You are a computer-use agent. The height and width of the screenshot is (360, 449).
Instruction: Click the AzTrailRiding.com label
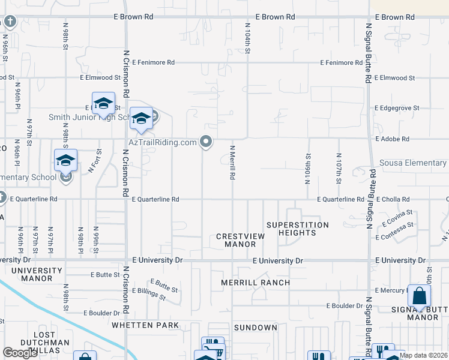[x=163, y=142]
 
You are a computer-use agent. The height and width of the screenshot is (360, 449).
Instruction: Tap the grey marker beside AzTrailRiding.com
[x=206, y=142]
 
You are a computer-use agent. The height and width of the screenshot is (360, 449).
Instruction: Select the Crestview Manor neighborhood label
[x=240, y=240]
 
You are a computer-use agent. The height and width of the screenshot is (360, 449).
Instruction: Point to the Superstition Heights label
[x=298, y=229]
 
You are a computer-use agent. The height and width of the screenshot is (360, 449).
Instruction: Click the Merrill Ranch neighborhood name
[x=255, y=283]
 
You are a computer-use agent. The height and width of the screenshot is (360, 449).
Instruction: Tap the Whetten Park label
[x=145, y=325]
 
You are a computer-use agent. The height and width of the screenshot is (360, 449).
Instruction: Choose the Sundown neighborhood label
[x=255, y=328]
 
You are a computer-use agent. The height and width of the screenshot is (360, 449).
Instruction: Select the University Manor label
[x=37, y=275]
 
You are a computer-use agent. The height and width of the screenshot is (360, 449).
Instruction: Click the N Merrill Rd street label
[x=232, y=162]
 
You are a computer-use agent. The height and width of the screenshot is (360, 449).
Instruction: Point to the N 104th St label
[x=247, y=38]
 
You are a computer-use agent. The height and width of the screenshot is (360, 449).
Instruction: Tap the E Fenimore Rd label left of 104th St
[x=154, y=62]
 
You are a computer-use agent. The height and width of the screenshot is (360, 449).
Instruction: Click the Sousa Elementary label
[x=414, y=163]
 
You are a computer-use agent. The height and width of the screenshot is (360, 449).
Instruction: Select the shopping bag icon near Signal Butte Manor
[x=419, y=296]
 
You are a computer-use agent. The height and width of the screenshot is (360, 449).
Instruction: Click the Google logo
[x=20, y=353]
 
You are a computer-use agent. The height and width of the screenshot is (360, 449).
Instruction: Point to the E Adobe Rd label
[x=393, y=139]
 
